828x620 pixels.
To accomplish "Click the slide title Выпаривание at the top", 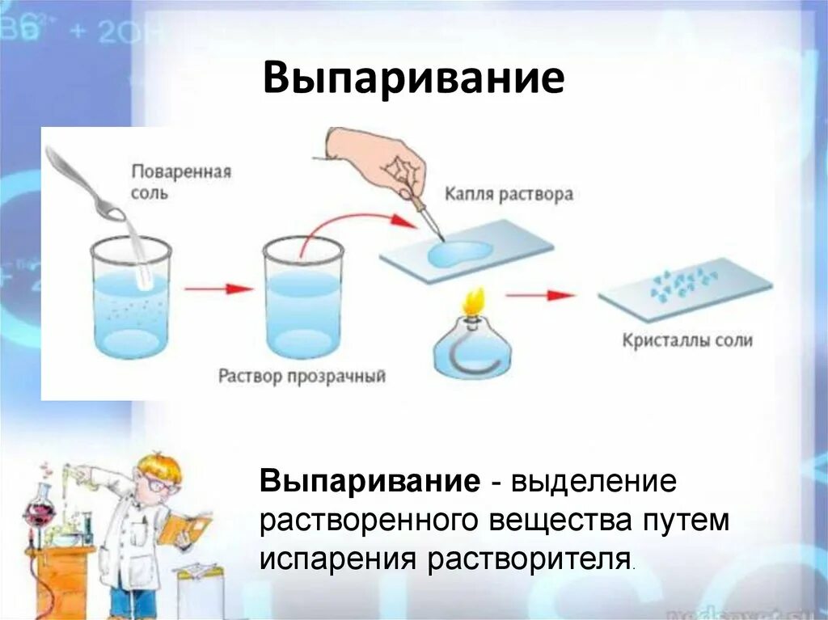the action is (x=413, y=80).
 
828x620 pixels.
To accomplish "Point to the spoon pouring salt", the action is (x=85, y=182).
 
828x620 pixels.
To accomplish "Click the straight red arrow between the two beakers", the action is (x=215, y=289).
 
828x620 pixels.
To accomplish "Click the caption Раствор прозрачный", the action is (x=302, y=377).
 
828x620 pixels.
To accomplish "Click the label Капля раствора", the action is (x=509, y=194).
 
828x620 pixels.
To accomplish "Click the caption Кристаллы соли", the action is (x=687, y=340).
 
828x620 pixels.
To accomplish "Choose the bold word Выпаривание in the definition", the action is (x=369, y=483).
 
